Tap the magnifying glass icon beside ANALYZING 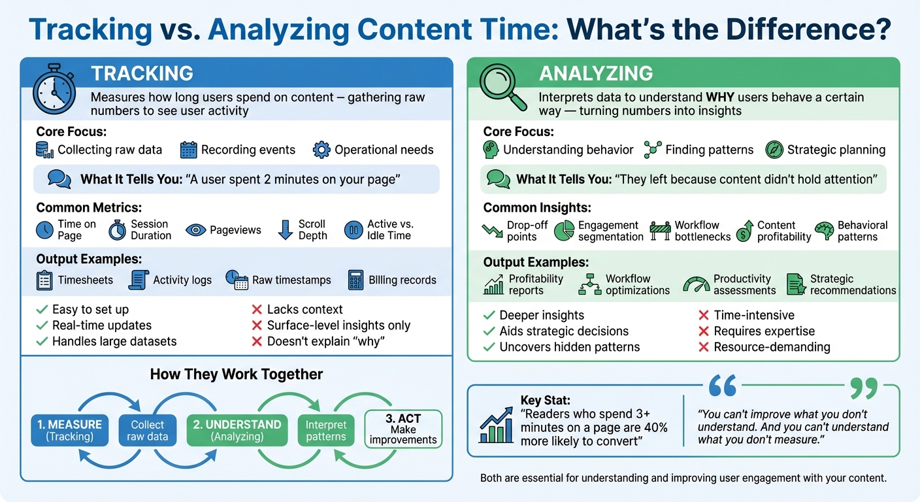pos(502,89)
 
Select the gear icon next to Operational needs pos(321,150)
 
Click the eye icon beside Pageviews pos(195,229)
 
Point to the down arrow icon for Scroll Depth pos(285,230)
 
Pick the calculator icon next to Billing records pos(356,280)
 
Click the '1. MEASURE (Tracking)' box pos(69,430)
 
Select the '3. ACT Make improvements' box pos(403,429)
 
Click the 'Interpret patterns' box pos(326,430)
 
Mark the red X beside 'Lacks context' pos(257,309)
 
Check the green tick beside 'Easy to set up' pos(42,309)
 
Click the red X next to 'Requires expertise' pos(704,331)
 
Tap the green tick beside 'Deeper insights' pos(489,315)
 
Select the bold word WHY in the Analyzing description pos(722,97)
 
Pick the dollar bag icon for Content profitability pos(744,231)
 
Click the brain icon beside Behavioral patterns pos(825,231)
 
